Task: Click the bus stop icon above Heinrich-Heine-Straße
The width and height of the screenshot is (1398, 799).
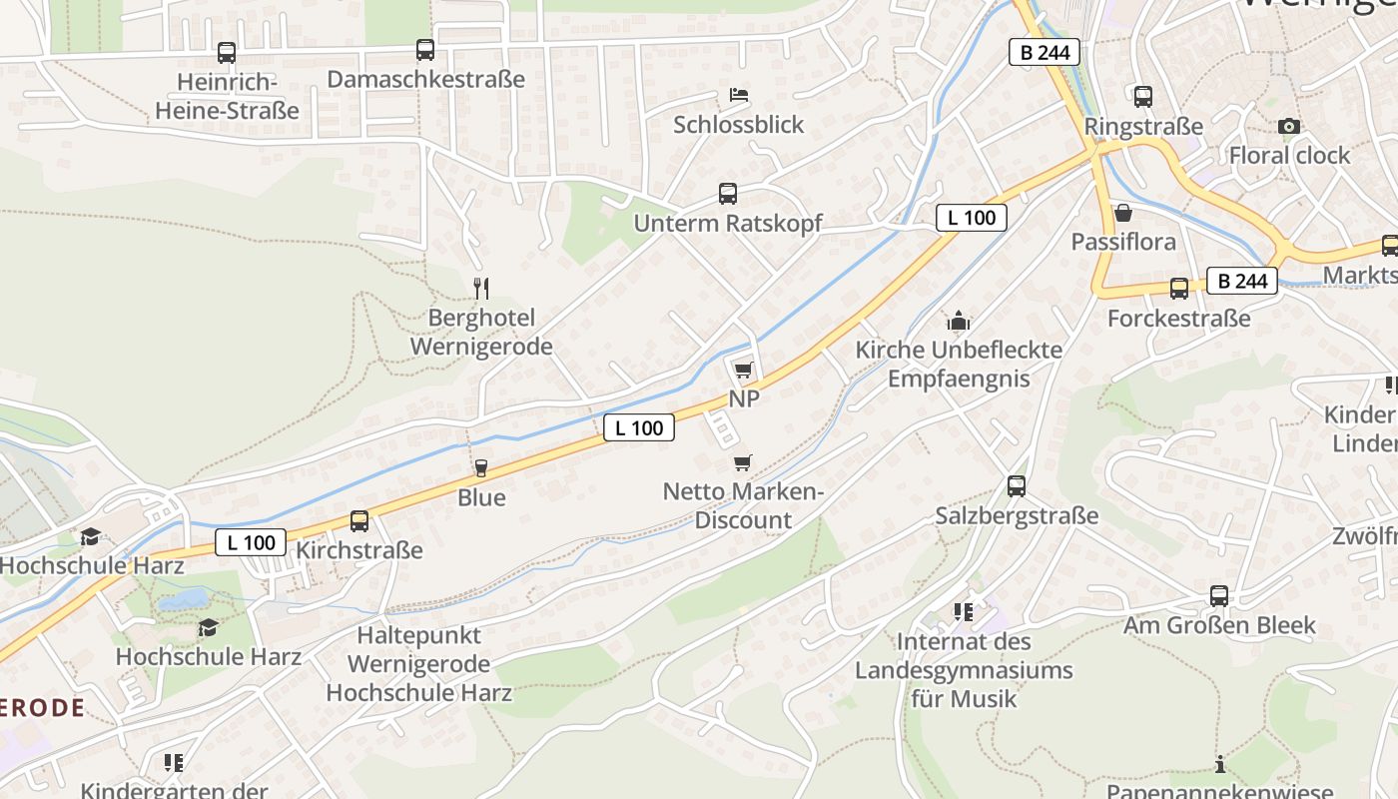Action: pyautogui.click(x=227, y=53)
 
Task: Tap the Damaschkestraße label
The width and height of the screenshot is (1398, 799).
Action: pyautogui.click(x=425, y=79)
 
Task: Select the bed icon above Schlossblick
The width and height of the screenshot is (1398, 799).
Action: pyautogui.click(x=739, y=95)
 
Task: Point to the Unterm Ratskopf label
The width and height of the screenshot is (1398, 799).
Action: pyautogui.click(x=728, y=223)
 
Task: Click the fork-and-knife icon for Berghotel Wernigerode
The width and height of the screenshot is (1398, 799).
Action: pyautogui.click(x=481, y=289)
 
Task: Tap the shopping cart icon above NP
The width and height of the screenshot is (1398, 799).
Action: pyautogui.click(x=743, y=371)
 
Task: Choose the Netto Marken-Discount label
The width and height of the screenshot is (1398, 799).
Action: pyautogui.click(x=743, y=505)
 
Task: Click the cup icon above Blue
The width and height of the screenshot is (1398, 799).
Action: pyautogui.click(x=481, y=468)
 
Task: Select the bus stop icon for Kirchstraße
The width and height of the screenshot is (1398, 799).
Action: pyautogui.click(x=358, y=520)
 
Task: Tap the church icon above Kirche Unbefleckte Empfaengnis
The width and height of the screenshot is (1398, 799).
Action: pyautogui.click(x=959, y=321)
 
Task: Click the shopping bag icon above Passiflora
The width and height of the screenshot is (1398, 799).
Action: pyautogui.click(x=1123, y=213)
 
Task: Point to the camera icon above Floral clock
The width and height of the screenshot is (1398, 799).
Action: pyautogui.click(x=1289, y=126)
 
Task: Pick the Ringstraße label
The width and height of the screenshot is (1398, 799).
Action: pyautogui.click(x=1143, y=127)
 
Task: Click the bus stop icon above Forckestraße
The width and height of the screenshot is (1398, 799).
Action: pyautogui.click(x=1179, y=289)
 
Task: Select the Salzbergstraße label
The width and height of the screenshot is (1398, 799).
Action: pyautogui.click(x=1017, y=515)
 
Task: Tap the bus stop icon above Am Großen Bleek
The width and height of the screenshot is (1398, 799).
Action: pyautogui.click(x=1219, y=596)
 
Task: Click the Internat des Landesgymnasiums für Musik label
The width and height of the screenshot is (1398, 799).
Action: pyautogui.click(x=964, y=669)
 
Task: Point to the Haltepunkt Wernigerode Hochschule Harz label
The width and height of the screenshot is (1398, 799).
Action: pyautogui.click(x=419, y=663)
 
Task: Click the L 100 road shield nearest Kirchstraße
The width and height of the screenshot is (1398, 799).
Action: pyautogui.click(x=251, y=542)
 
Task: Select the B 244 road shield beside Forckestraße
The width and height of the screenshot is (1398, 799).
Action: pyautogui.click(x=1242, y=281)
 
